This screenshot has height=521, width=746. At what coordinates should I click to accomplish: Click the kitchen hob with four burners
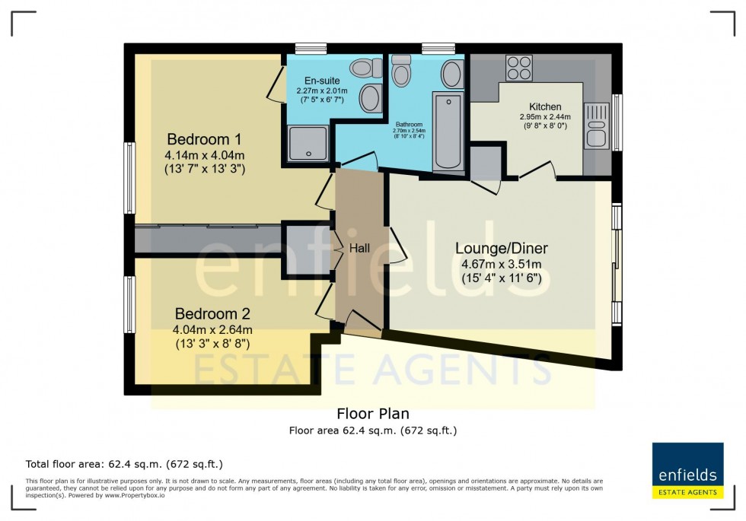pos(519,68)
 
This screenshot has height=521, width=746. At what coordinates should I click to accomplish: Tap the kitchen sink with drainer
pos(595,125)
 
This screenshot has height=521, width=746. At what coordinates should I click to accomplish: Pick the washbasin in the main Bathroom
pos(451,75)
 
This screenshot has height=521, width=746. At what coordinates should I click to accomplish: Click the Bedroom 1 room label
pos(204,139)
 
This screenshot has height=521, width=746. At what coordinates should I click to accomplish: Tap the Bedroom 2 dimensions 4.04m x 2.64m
pos(212,329)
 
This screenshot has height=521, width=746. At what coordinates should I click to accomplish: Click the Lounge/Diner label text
pos(502,248)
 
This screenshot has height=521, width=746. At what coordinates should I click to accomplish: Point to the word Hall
pos(359,248)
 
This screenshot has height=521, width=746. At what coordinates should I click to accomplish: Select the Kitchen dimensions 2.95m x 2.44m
pos(545,117)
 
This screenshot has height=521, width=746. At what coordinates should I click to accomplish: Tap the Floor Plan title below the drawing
pos(373,414)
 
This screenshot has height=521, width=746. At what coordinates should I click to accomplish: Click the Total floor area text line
pos(124,463)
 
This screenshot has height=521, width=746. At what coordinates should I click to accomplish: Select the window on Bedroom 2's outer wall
pos(129,304)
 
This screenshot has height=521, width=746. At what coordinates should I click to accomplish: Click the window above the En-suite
pos(311,48)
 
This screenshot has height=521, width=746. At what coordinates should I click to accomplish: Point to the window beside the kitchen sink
pos(617,122)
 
